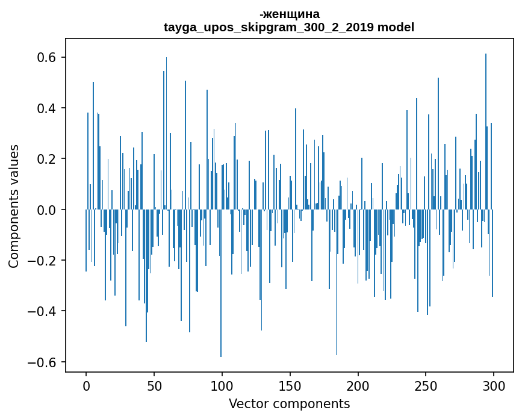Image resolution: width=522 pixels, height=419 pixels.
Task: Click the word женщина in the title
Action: [x=291, y=14]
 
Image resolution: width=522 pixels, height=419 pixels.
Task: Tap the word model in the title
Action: [x=396, y=27]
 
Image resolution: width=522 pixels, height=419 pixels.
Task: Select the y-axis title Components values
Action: [x=14, y=206]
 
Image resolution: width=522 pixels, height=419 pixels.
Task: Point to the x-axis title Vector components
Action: [x=289, y=403]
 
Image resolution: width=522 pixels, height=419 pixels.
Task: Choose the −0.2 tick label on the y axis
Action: [x=42, y=261]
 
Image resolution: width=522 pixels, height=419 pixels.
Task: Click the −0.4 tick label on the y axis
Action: [x=42, y=311]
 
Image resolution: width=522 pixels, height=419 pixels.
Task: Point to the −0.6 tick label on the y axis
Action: [x=42, y=362]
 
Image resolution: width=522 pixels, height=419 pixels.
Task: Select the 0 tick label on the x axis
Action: [x=86, y=385]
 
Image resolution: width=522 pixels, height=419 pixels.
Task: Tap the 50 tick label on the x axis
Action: [x=154, y=385]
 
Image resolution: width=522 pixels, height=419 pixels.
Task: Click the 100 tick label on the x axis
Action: [x=222, y=385]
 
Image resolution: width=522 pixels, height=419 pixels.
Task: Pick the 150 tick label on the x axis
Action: [x=290, y=385]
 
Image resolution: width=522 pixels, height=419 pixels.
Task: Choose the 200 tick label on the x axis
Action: [x=358, y=385]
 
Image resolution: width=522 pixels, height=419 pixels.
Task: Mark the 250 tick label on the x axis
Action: [x=426, y=385]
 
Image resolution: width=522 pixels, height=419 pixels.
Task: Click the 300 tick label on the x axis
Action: [x=494, y=385]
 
